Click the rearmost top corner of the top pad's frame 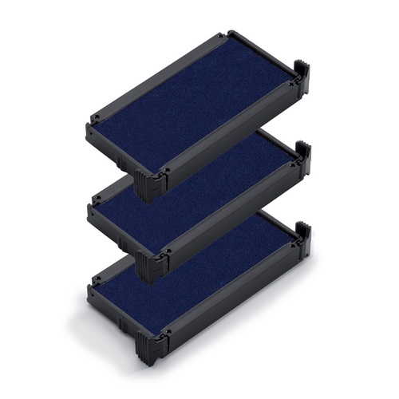click(x=231, y=34)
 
